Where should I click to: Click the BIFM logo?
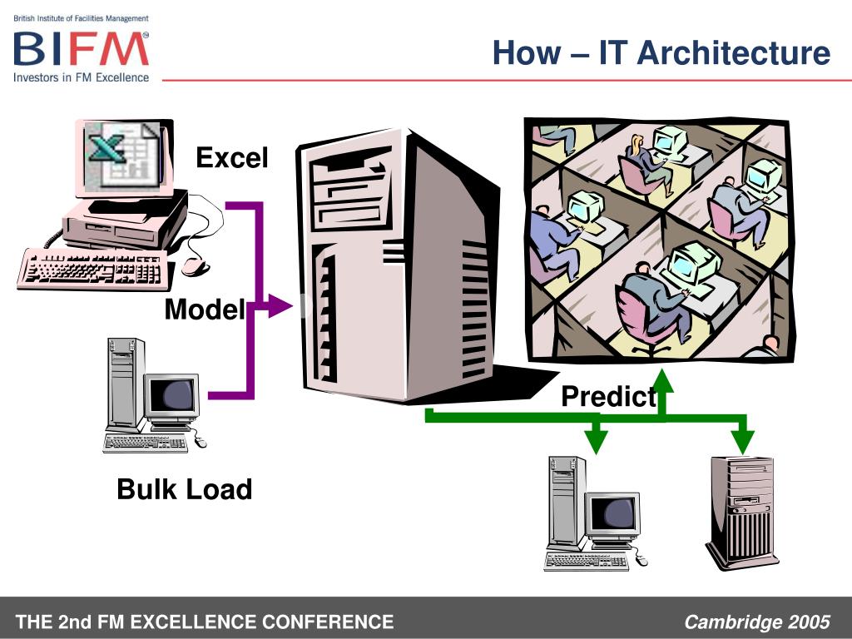[81, 49]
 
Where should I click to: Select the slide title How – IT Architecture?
[661, 53]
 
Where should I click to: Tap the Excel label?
[232, 157]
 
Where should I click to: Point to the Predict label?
[608, 397]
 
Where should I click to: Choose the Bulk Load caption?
[184, 488]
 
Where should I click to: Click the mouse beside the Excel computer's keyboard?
[194, 265]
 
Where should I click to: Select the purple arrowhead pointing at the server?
[280, 307]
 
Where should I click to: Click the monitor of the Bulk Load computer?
[173, 395]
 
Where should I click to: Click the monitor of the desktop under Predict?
[614, 513]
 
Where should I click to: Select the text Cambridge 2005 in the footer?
[757, 622]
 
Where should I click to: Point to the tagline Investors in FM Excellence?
[81, 77]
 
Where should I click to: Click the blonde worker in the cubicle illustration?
[640, 157]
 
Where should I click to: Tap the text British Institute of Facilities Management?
[81, 18]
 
